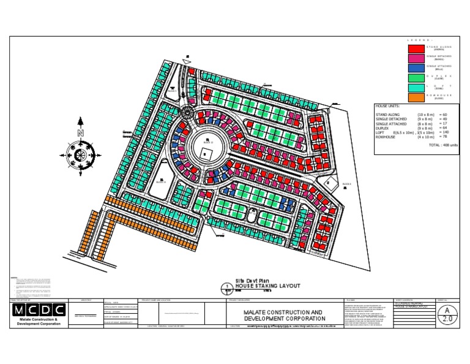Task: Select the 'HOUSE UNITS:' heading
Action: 389,107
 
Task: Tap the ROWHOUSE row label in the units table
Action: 387,137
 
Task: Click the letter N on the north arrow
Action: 80,133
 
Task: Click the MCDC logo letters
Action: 37,310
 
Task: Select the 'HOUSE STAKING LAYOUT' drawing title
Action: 260,286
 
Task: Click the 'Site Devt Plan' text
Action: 252,279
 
